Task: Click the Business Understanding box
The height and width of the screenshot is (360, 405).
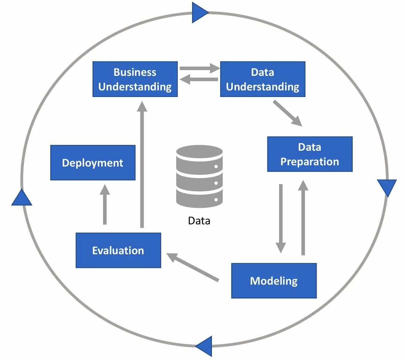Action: click(135, 79)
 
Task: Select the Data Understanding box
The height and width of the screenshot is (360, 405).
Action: click(263, 79)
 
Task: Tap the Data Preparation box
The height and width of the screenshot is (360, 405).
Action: click(309, 154)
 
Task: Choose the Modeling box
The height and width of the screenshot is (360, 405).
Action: click(274, 281)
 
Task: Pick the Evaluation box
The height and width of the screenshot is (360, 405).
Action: click(118, 250)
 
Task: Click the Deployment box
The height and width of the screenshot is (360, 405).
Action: click(93, 163)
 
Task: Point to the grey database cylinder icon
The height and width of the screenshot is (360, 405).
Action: click(199, 176)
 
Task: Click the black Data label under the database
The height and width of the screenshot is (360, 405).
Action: click(199, 221)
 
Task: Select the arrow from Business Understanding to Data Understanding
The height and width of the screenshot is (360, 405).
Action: click(199, 68)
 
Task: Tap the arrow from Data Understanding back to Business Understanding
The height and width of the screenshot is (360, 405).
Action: click(199, 80)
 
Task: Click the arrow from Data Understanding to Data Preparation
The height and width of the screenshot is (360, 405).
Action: click(287, 113)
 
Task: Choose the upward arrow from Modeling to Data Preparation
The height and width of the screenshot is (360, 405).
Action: click(303, 218)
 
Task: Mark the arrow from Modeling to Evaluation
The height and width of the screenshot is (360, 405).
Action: click(193, 267)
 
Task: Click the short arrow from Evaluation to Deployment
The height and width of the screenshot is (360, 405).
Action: click(105, 204)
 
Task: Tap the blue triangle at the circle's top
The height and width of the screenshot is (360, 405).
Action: click(199, 12)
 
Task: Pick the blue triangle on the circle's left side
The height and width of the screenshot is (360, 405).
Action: click(22, 198)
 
